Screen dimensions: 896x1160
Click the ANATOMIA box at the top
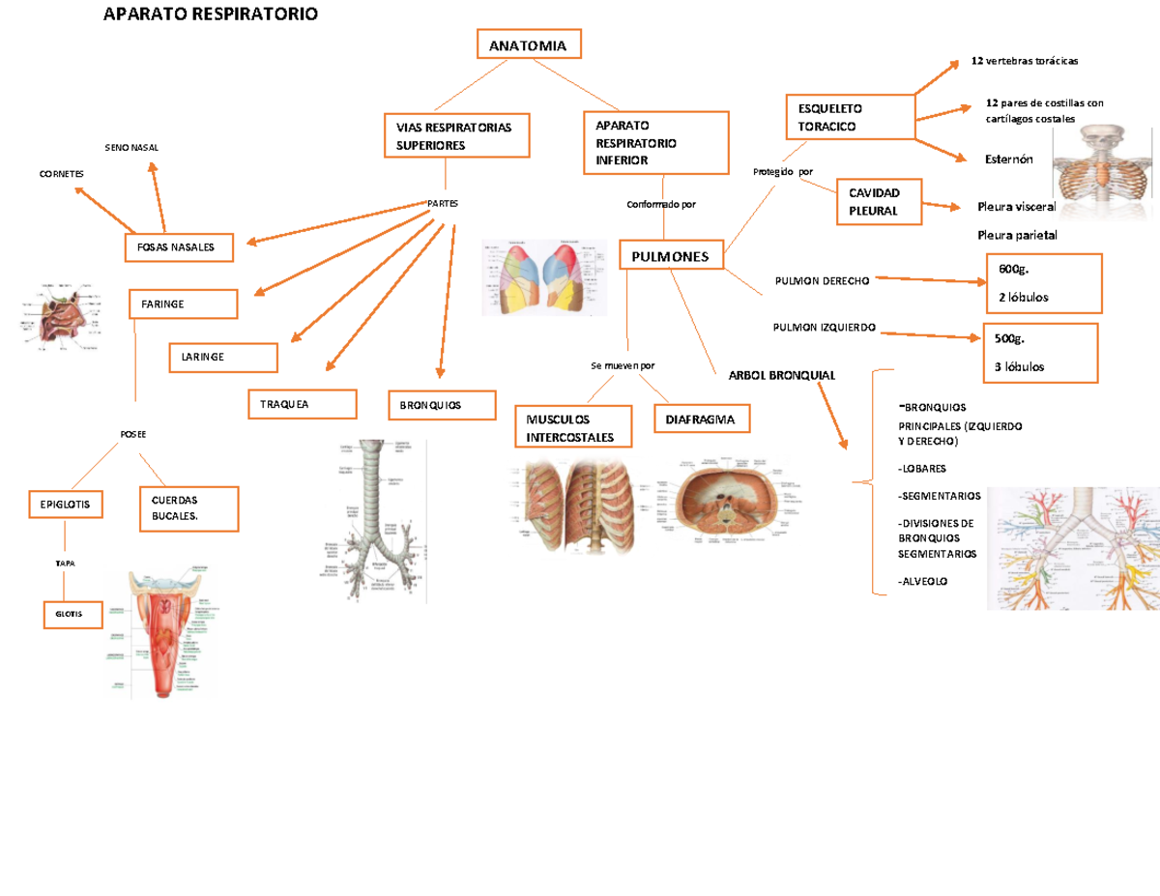click(528, 45)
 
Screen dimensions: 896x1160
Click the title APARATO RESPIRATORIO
click(210, 14)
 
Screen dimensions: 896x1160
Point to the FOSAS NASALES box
click(177, 247)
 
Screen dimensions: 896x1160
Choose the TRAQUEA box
click(303, 404)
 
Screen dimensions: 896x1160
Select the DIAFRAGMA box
click(701, 419)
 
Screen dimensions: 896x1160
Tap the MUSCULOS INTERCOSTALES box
click(572, 428)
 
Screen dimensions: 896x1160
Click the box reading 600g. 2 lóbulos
click(1043, 283)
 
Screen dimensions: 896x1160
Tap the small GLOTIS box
click(72, 614)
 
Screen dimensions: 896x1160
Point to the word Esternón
click(1010, 159)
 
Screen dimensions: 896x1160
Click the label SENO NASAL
click(131, 147)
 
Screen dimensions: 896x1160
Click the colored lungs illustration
click(544, 277)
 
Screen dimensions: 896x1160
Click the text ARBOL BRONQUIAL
click(768, 375)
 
